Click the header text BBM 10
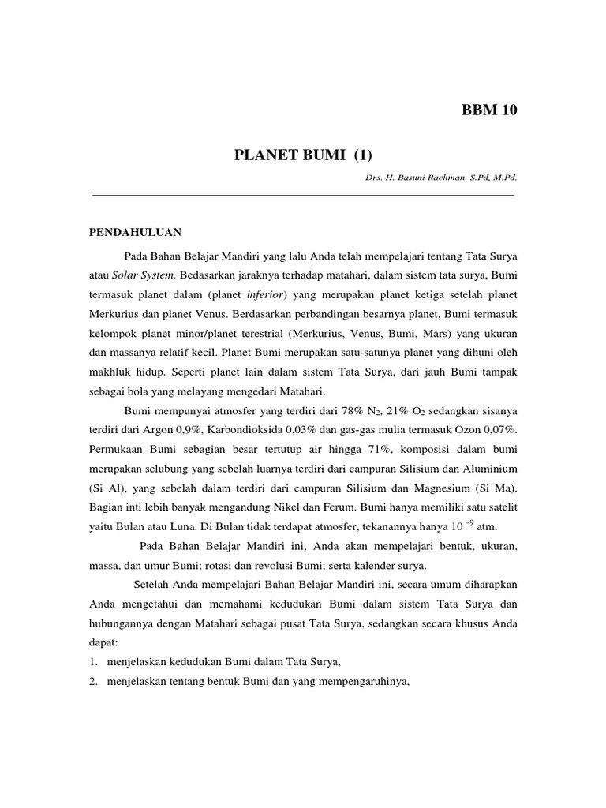pos(489,110)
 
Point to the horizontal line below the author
pos(304,195)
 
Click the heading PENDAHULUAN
pos(135,232)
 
